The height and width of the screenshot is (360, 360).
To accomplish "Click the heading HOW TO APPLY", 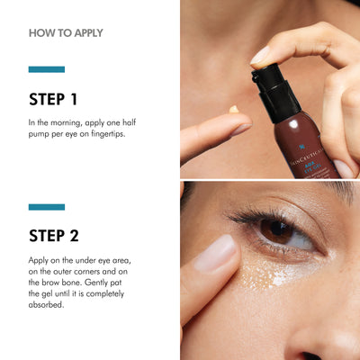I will coord(66,33).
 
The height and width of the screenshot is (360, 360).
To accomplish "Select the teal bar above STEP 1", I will coord(47,69).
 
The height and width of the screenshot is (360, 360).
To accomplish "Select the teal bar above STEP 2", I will coord(47,207).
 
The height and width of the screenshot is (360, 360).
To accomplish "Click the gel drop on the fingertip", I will coord(234,110).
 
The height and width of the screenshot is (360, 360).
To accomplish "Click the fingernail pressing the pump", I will coord(260,56).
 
